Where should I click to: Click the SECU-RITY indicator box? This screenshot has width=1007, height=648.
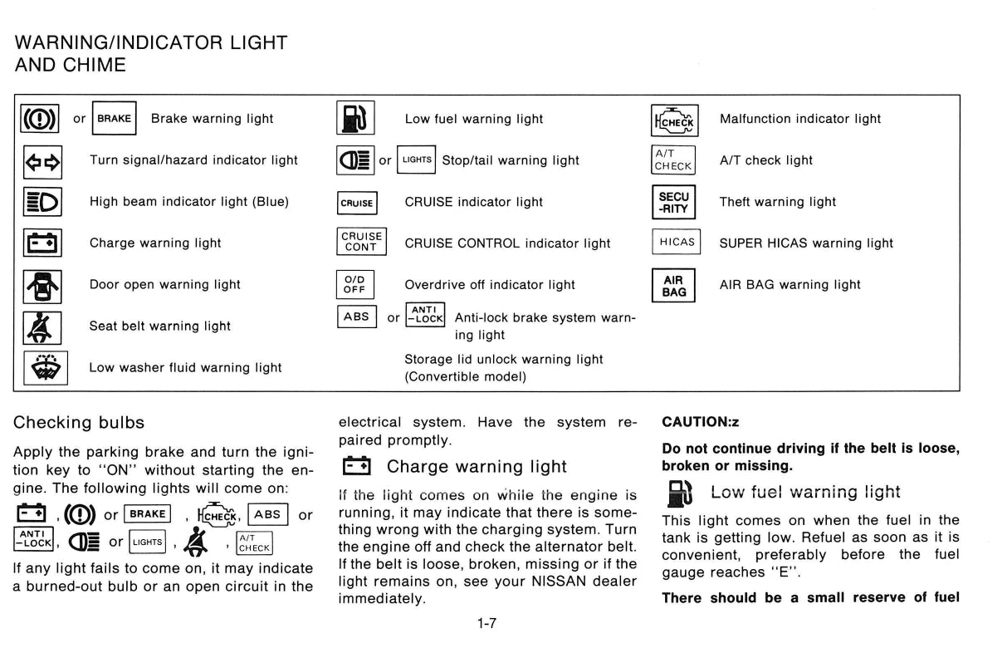pyautogui.click(x=673, y=202)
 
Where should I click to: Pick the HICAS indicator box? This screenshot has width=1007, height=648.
pyautogui.click(x=676, y=243)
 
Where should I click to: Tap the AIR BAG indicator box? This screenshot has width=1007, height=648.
pyautogui.click(x=673, y=285)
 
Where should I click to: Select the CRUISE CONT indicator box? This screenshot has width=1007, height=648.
pyautogui.click(x=360, y=243)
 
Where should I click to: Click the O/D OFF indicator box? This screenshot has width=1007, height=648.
pyautogui.click(x=355, y=285)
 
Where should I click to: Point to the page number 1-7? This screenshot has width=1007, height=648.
pyautogui.click(x=486, y=623)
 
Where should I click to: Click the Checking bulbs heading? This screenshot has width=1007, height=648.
pyautogui.click(x=79, y=422)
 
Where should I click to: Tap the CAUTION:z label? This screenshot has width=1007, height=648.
pyautogui.click(x=700, y=422)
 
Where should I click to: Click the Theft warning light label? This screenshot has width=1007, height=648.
pyautogui.click(x=777, y=202)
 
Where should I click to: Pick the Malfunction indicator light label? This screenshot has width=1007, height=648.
pyautogui.click(x=799, y=119)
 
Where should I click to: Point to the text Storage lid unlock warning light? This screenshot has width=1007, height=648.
pyautogui.click(x=503, y=359)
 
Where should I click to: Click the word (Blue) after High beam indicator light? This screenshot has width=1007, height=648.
pyautogui.click(x=271, y=202)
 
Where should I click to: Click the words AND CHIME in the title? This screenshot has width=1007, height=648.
pyautogui.click(x=71, y=65)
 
